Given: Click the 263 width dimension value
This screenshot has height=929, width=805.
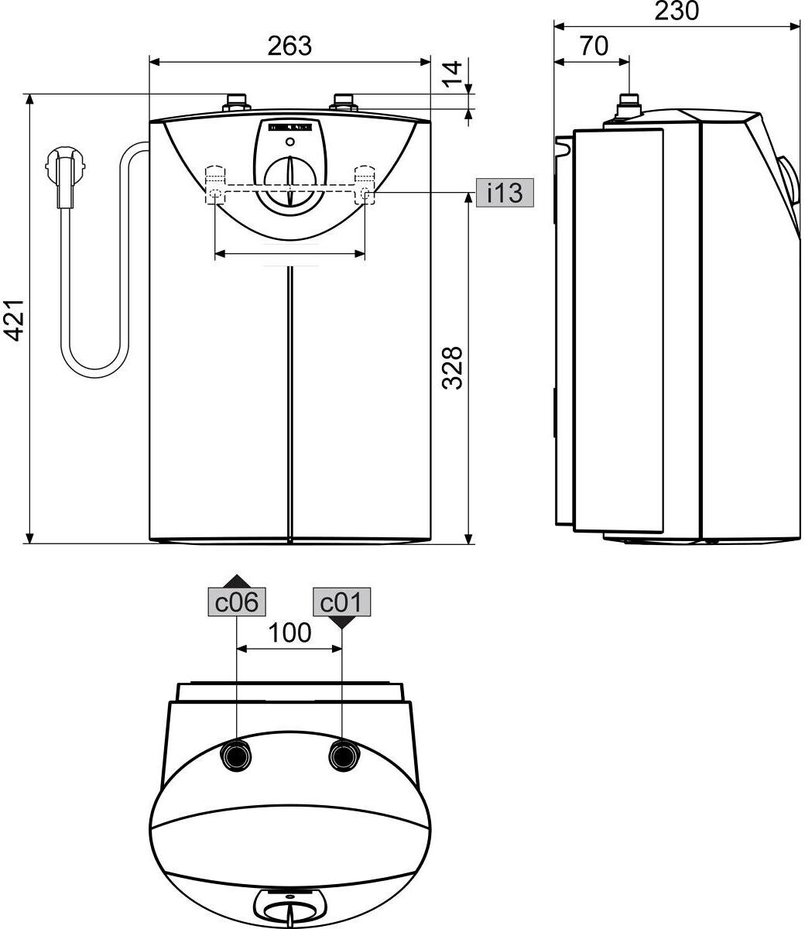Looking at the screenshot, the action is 289,46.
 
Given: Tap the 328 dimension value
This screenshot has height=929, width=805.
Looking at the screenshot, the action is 452,368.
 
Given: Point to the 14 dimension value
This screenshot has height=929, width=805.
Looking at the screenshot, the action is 452,74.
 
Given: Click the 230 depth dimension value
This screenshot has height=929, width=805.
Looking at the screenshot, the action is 677,12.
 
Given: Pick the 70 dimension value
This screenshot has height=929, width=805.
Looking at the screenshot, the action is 594,46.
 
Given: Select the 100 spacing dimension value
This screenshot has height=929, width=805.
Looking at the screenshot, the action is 289,633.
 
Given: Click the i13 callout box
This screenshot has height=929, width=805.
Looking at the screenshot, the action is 505,192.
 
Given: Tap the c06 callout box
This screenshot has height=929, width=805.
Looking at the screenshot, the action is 236,602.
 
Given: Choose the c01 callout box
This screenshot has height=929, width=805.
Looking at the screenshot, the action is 341,602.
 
